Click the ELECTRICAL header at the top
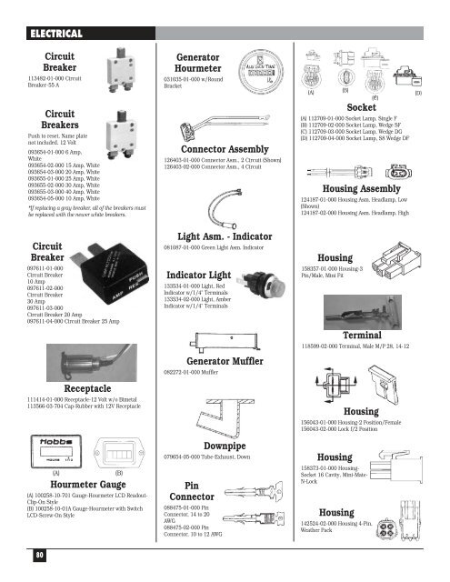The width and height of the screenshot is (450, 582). click(55, 35)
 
